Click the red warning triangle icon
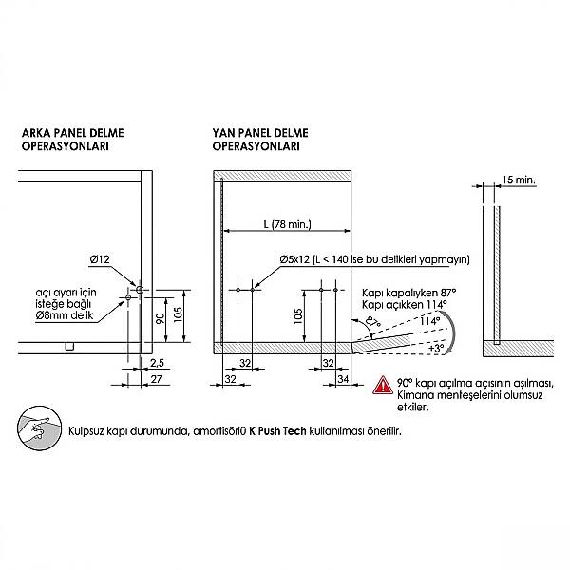coord(383,386)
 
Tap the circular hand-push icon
coord(39,428)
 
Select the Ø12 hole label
coord(100,259)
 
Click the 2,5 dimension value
coord(157,363)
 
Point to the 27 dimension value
coord(156,379)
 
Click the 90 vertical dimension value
coord(161,318)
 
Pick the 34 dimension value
coord(343,379)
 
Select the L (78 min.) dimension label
coord(288,224)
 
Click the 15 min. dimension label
coord(519,180)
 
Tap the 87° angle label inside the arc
coord(373,323)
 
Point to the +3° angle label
coord(436,349)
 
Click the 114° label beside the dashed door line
coord(430,321)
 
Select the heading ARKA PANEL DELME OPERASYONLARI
coord(73,140)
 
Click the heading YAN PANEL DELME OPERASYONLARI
coord(260,140)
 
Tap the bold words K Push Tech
coord(277,431)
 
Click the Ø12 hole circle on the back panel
coord(140,290)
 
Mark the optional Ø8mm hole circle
coord(128,297)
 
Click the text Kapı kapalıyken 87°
coord(408,293)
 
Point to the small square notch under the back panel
coord(69,347)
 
